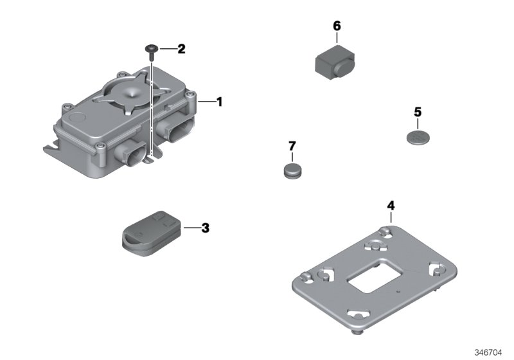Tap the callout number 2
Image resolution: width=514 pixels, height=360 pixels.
[181, 49]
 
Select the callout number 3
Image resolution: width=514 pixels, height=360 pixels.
[206, 228]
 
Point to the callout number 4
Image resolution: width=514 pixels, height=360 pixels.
[391, 206]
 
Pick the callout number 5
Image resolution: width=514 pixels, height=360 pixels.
[418, 112]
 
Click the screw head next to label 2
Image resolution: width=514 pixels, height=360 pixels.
[151, 48]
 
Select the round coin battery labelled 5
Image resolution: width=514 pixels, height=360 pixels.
[418, 137]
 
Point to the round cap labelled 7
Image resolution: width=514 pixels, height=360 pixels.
[293, 170]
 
